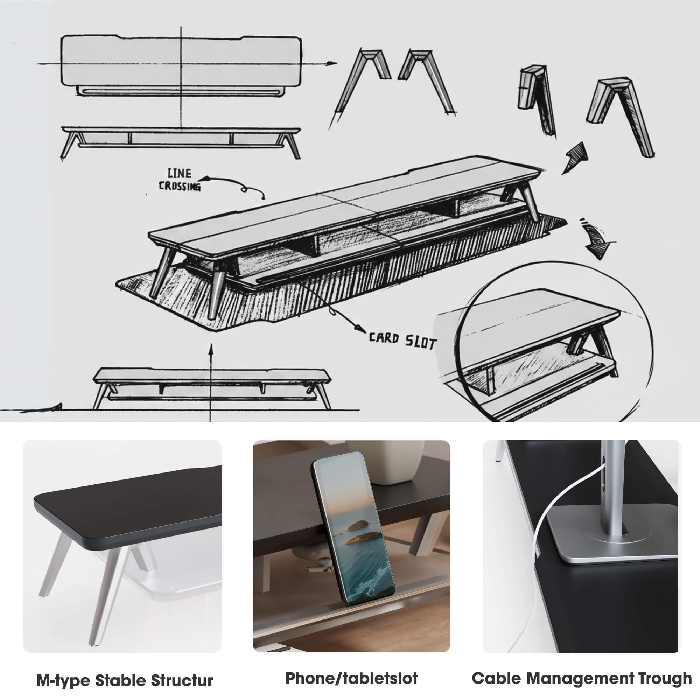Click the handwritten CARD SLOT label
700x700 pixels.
(x=402, y=341)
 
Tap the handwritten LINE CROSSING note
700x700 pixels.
(x=179, y=180)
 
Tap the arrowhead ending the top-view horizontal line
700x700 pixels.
(x=330, y=63)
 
